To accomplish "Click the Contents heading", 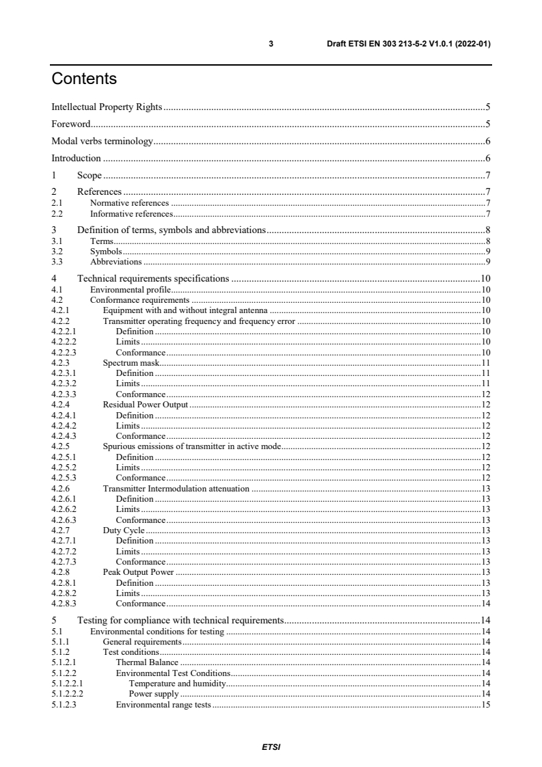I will (x=84, y=79).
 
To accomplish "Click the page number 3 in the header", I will (x=271, y=44).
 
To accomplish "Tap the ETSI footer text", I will (x=271, y=747).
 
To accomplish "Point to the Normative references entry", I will (x=129, y=203).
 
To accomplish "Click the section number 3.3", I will (x=57, y=262).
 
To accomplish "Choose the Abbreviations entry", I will (x=116, y=262).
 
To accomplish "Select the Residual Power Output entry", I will (x=145, y=405).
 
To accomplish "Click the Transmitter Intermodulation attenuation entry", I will (x=176, y=489).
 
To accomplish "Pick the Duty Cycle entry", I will (x=124, y=530).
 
